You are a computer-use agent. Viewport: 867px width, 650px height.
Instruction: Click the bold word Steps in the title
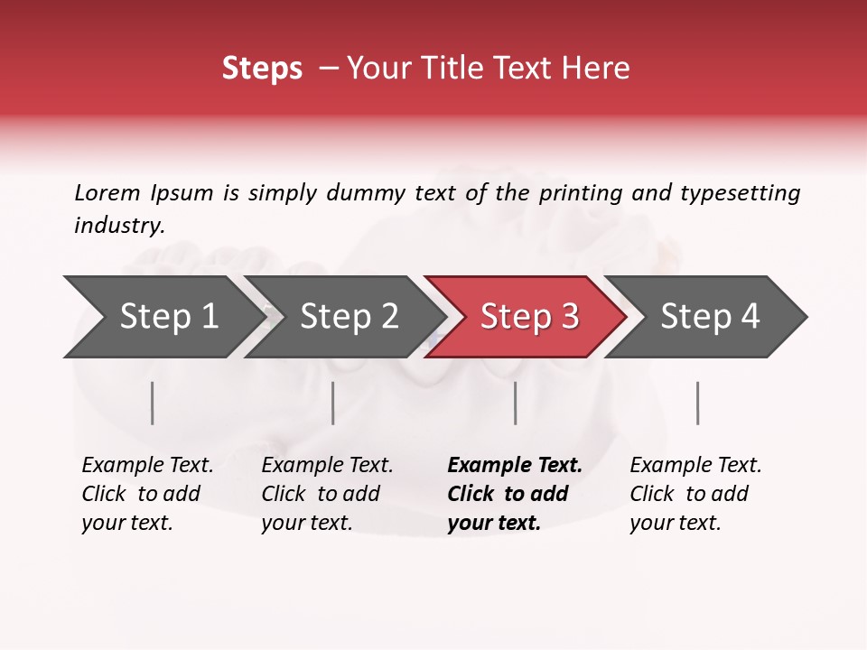pyautogui.click(x=262, y=69)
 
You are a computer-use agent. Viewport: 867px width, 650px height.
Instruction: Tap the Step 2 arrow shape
pyautogui.click(x=344, y=317)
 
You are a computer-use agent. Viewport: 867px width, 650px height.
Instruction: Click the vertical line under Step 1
pyautogui.click(x=153, y=403)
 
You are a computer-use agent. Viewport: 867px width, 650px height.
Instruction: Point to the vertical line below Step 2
pyautogui.click(x=333, y=403)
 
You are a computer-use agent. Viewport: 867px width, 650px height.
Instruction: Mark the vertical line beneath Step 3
pyautogui.click(x=516, y=403)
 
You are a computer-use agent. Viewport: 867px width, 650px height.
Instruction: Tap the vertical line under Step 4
pyautogui.click(x=698, y=403)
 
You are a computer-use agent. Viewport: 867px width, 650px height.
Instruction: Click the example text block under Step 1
pyautogui.click(x=146, y=494)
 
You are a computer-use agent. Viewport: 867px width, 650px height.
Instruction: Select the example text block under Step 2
pyautogui.click(x=326, y=494)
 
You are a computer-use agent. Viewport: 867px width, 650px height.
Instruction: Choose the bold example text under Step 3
pyautogui.click(x=514, y=494)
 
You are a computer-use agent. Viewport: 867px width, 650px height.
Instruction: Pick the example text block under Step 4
pyautogui.click(x=695, y=494)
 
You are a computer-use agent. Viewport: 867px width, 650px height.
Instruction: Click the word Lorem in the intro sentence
pyautogui.click(x=107, y=192)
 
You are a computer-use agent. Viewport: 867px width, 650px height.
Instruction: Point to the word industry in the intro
pyautogui.click(x=119, y=226)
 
